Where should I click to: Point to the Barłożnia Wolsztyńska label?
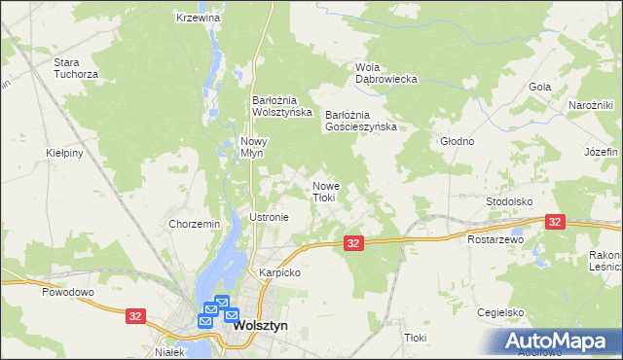click(x=281, y=105)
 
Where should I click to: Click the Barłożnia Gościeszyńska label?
click(x=361, y=120)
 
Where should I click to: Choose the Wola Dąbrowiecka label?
click(x=385, y=73)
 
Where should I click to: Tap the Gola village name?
click(x=540, y=87)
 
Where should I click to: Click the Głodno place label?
click(x=457, y=141)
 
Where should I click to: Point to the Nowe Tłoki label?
click(x=324, y=192)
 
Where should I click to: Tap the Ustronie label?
click(x=270, y=217)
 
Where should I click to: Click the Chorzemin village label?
click(x=195, y=224)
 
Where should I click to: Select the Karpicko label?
click(x=279, y=273)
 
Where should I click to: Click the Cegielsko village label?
click(x=501, y=312)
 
